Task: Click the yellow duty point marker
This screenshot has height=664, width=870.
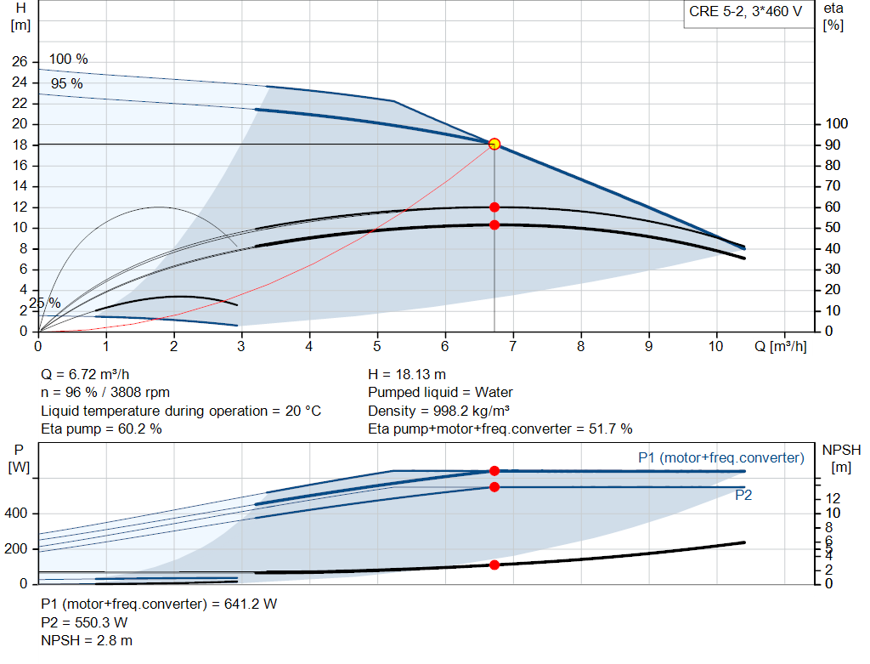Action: (494, 144)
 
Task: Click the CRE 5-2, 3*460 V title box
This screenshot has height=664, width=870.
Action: (745, 13)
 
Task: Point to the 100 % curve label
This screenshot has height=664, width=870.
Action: (68, 60)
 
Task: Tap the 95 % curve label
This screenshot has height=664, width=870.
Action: (66, 84)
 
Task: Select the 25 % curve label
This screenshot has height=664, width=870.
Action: (45, 303)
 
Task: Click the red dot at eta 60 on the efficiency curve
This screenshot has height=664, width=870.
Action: (494, 207)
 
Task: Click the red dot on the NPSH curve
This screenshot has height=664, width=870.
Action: (494, 565)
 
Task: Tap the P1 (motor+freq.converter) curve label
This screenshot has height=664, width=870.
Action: (720, 457)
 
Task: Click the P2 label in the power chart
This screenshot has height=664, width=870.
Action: (743, 495)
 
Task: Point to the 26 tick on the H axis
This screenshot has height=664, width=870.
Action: (19, 62)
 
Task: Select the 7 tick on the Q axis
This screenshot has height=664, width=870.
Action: (512, 347)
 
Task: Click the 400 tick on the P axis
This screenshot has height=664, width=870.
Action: (17, 514)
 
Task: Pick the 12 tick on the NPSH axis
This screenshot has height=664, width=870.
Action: (833, 497)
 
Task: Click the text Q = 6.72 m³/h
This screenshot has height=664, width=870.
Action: (86, 374)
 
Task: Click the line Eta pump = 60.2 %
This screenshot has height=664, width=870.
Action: (102, 428)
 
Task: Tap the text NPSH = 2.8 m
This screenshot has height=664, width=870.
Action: (87, 640)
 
